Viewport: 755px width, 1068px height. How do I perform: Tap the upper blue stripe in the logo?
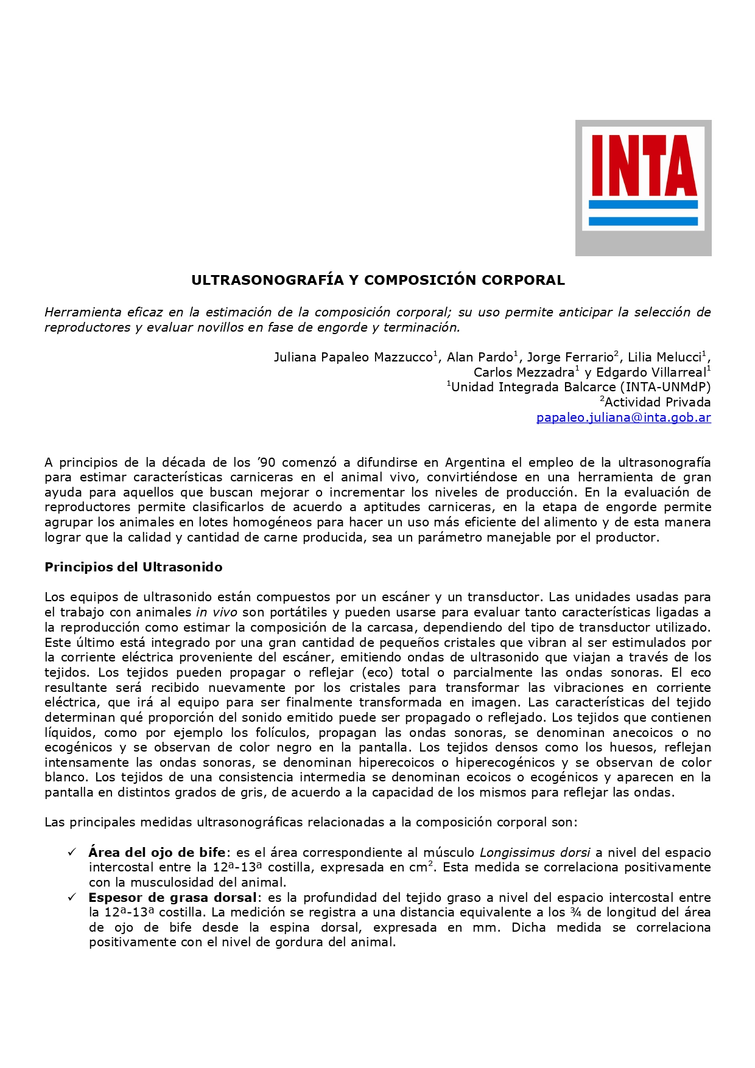pos(644,204)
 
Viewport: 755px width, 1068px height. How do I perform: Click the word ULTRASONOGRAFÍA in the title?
pos(267,281)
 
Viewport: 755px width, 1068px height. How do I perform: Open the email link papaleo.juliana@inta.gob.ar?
pos(623,417)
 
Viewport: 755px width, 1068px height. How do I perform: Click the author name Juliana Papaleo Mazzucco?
pos(353,358)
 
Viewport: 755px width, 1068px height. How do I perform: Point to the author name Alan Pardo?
pos(480,358)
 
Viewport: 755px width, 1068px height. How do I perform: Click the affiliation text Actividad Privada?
pos(657,402)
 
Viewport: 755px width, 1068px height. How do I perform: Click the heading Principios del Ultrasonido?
pos(133,567)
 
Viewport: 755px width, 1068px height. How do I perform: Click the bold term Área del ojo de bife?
pos(156,853)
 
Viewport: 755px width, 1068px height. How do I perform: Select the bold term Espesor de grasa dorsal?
pos(172,898)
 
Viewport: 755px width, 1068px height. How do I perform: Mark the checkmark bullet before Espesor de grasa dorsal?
pos(72,897)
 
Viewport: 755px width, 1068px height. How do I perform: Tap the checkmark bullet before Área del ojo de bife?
pos(72,852)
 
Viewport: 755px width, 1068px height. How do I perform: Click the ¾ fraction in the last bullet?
pos(575,913)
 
